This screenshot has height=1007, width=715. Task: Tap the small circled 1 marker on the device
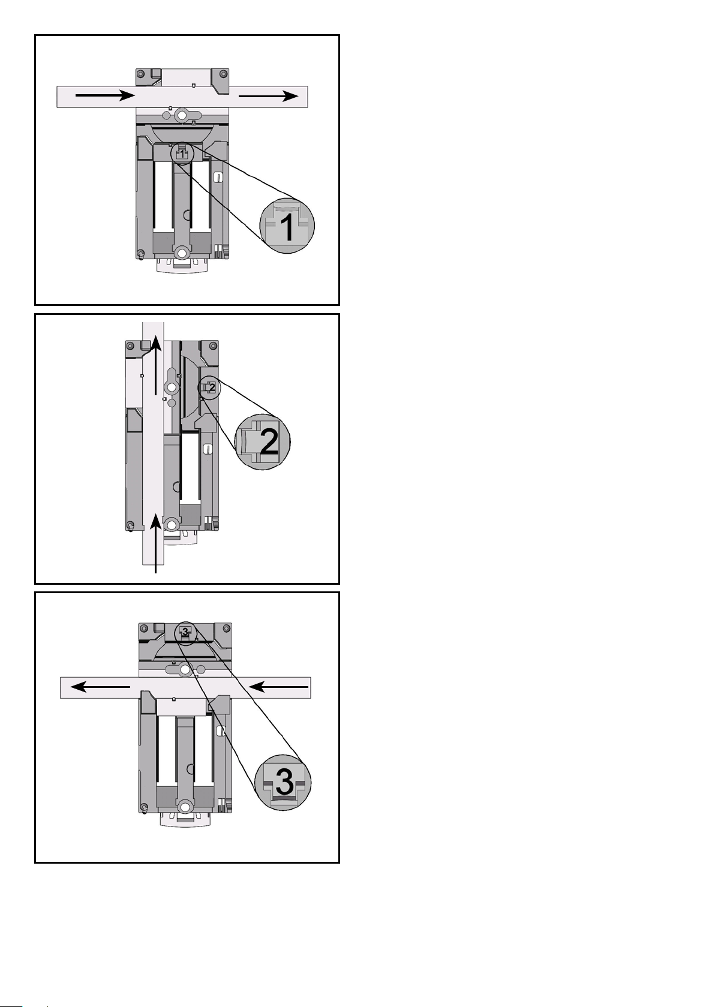(x=182, y=154)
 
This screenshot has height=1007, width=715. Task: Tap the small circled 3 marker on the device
(x=185, y=632)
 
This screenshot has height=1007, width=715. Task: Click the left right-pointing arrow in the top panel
(x=105, y=95)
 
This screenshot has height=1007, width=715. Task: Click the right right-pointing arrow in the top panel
(x=268, y=96)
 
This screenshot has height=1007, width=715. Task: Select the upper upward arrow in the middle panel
(x=155, y=365)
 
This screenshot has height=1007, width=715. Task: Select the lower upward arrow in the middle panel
(x=155, y=544)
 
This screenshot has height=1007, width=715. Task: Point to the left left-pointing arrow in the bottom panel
(x=101, y=687)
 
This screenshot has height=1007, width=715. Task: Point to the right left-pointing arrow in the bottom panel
(x=279, y=687)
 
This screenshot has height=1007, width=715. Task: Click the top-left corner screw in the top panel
(x=141, y=74)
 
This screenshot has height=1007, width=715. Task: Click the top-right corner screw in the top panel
(x=222, y=74)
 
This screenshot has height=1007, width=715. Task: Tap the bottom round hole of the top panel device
(x=182, y=254)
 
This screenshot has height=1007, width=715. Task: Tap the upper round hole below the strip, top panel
(x=182, y=116)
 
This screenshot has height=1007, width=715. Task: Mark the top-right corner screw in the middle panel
(x=213, y=345)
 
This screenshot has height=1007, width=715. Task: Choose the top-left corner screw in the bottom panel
(x=144, y=628)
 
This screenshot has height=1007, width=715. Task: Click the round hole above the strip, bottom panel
(x=185, y=671)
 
